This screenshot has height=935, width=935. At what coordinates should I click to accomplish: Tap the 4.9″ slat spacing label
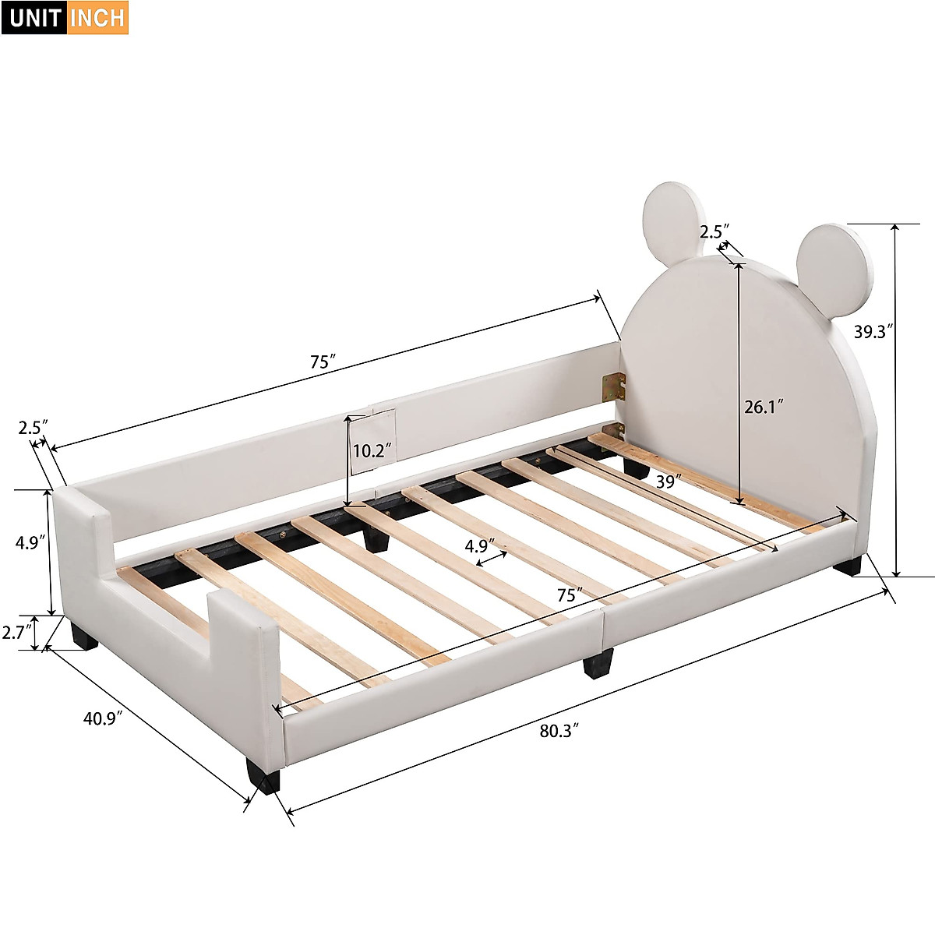tap(481, 545)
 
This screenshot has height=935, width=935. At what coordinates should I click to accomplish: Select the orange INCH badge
tap(97, 17)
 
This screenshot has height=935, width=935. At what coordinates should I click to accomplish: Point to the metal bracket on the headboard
tap(613, 385)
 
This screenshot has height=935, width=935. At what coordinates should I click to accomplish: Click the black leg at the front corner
tap(263, 775)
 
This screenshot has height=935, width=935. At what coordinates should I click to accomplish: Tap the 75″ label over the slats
tap(570, 595)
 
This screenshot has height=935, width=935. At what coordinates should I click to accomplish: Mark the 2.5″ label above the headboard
tap(714, 232)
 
